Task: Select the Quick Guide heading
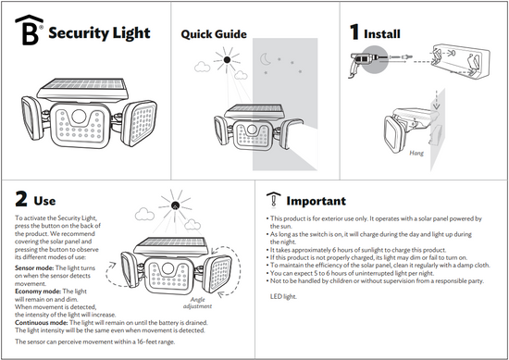click(214, 34)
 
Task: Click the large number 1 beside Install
click(354, 32)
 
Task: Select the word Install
click(382, 33)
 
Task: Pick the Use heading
click(44, 200)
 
